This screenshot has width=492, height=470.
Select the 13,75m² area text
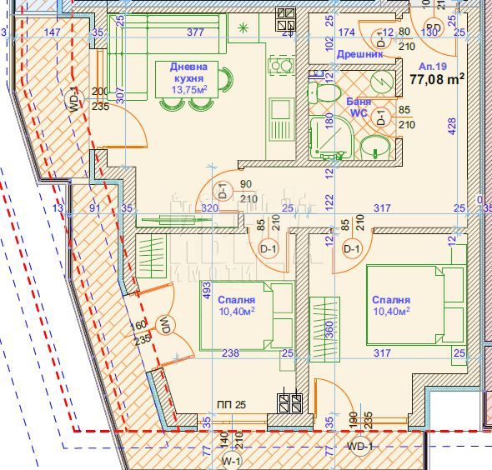[x=188, y=89]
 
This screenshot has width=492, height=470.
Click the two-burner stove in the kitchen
[x=277, y=67]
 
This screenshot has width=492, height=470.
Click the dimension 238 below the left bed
[x=230, y=353]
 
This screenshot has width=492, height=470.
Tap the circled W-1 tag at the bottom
[x=230, y=459]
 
